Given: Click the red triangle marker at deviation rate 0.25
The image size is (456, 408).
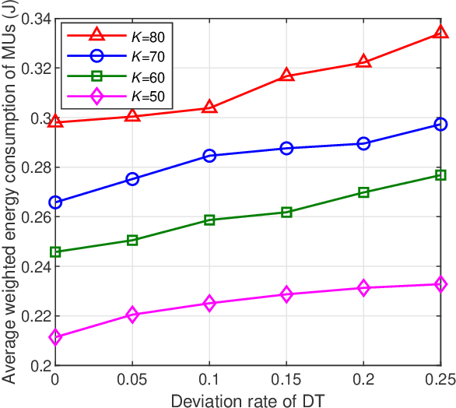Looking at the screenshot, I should tap(441, 33).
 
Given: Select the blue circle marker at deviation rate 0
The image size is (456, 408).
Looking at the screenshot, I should tap(55, 202).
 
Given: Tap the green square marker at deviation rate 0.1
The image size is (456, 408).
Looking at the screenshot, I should tap(209, 220).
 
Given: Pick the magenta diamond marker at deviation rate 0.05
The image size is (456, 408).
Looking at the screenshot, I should tap(132, 315).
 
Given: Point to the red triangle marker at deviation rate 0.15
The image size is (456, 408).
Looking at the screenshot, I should tap(286, 76).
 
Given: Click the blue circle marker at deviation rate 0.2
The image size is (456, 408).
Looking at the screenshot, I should tap(363, 143).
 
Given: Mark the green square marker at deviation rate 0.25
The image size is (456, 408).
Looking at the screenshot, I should tap(441, 175).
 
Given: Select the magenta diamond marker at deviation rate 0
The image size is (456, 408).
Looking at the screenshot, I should tap(55, 337).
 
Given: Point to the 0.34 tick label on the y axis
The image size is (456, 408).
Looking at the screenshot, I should tap(35, 19).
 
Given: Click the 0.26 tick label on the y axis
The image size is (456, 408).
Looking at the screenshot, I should tap(35, 217).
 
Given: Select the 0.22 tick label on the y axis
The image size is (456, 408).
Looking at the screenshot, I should tap(35, 316).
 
